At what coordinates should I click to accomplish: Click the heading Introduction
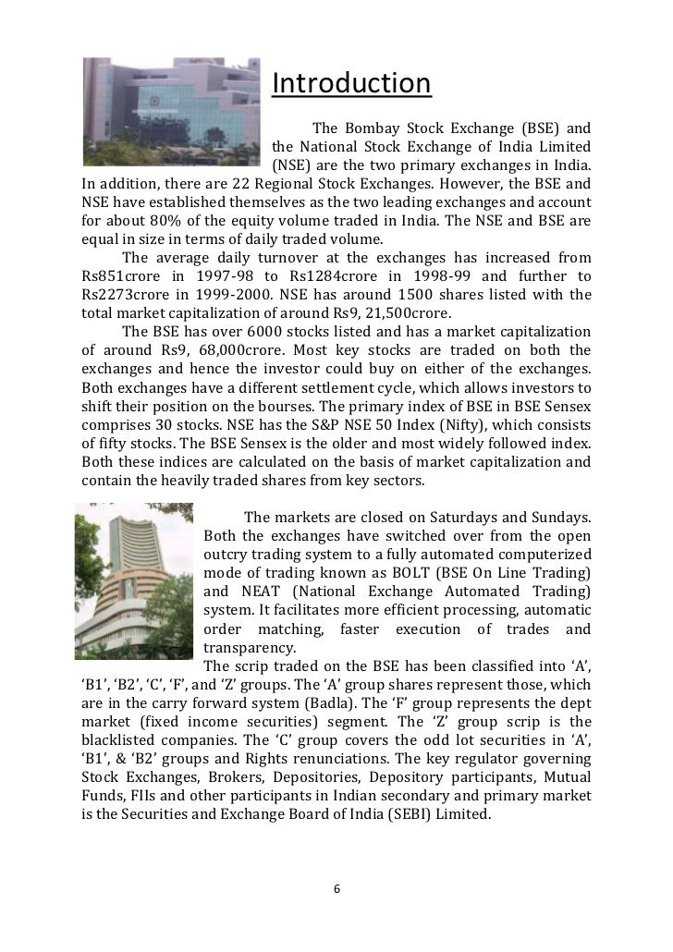click(x=351, y=84)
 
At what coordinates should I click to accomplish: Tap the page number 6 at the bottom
click(x=336, y=889)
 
